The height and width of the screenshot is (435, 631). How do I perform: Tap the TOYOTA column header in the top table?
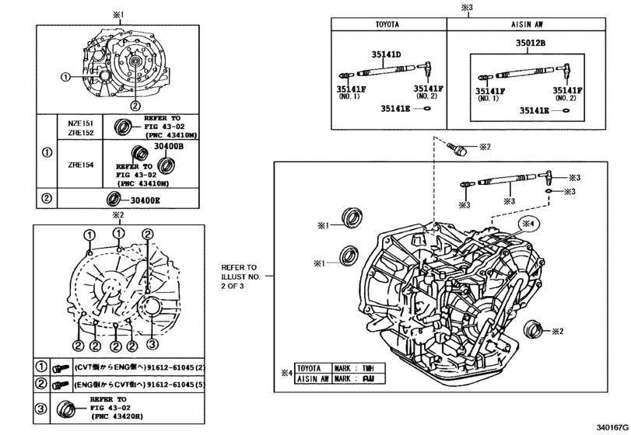click(387, 25)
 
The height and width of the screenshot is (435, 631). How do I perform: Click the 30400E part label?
click(145, 200)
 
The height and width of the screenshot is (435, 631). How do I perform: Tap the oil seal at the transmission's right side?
click(533, 329)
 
